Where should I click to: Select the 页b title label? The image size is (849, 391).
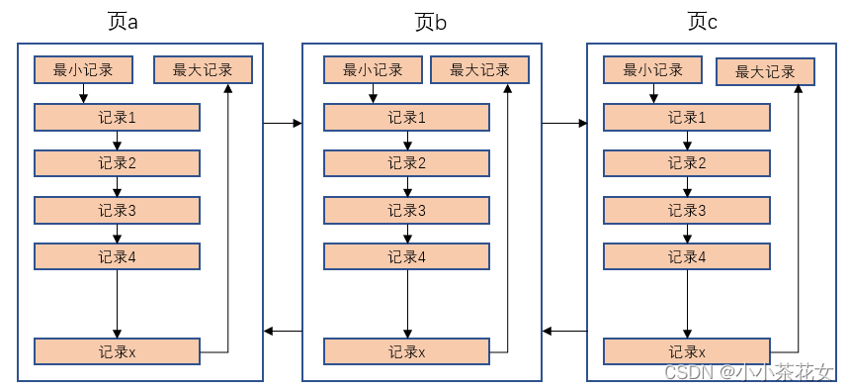432,22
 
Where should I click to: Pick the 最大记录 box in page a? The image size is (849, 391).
203,70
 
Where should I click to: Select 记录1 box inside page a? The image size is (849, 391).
117,118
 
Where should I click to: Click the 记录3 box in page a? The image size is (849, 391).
117,210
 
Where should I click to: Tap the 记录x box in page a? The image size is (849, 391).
117,351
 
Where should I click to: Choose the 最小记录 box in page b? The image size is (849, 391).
373,70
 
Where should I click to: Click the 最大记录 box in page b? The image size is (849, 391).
479,70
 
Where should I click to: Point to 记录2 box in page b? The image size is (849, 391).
406,163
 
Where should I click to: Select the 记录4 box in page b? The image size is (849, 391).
406,256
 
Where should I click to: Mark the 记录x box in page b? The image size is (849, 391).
406,351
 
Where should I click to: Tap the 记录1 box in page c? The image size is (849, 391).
687,118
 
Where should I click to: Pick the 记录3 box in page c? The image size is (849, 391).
687,210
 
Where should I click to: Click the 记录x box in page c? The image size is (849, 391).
687,351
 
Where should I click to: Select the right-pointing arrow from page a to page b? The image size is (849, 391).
283,124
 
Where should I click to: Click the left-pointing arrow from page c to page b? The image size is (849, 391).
564,330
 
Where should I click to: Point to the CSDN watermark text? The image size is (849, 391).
748,373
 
